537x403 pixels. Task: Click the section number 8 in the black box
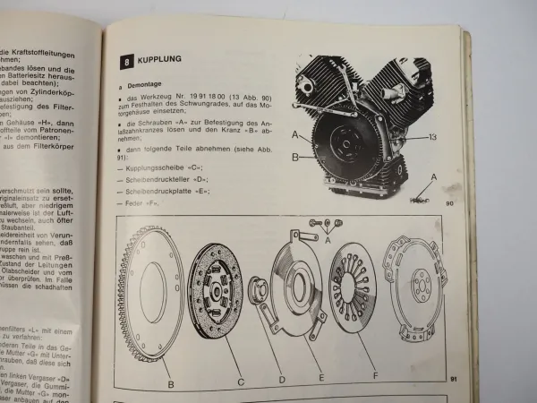126,60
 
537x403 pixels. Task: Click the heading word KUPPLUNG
162,59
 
